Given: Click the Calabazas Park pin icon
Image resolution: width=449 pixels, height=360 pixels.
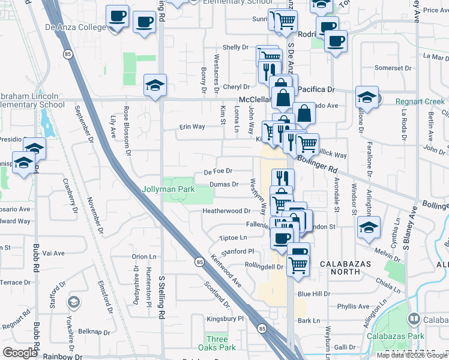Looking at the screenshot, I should click(x=413, y=318).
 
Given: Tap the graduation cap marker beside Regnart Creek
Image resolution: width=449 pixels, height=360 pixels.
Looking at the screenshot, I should click(x=367, y=97).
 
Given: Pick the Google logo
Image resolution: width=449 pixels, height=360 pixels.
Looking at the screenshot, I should click(x=20, y=353).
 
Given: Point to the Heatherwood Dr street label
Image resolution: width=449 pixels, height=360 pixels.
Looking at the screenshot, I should click(x=226, y=211).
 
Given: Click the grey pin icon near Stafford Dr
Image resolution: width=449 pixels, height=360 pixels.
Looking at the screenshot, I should click(x=73, y=301).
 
